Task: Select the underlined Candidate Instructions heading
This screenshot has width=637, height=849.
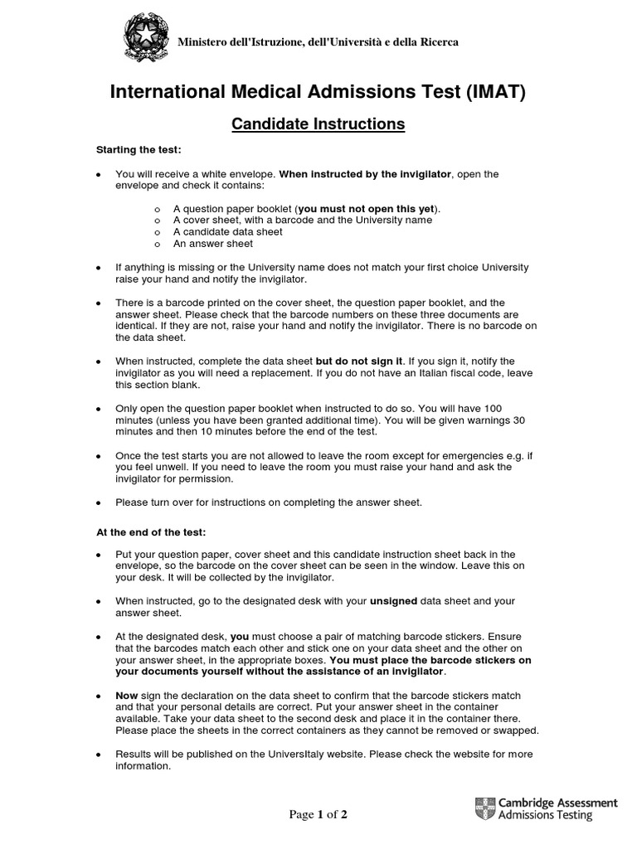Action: pyautogui.click(x=318, y=124)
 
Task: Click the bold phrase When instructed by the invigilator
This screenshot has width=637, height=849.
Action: pyautogui.click(x=367, y=174)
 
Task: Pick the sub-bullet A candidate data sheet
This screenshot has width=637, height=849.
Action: pyautogui.click(x=227, y=232)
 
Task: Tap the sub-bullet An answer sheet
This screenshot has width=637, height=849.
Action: pyautogui.click(x=213, y=244)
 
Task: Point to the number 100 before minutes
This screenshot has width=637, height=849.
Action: pyautogui.click(x=493, y=408)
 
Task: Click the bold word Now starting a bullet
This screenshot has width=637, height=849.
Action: pyautogui.click(x=126, y=695)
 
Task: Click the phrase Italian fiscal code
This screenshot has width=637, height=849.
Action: pyautogui.click(x=456, y=373)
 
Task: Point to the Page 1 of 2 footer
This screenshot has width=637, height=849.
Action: pyautogui.click(x=318, y=814)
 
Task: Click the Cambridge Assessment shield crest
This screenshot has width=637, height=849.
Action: pyautogui.click(x=484, y=809)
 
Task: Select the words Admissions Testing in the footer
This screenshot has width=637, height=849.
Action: pyautogui.click(x=546, y=816)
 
